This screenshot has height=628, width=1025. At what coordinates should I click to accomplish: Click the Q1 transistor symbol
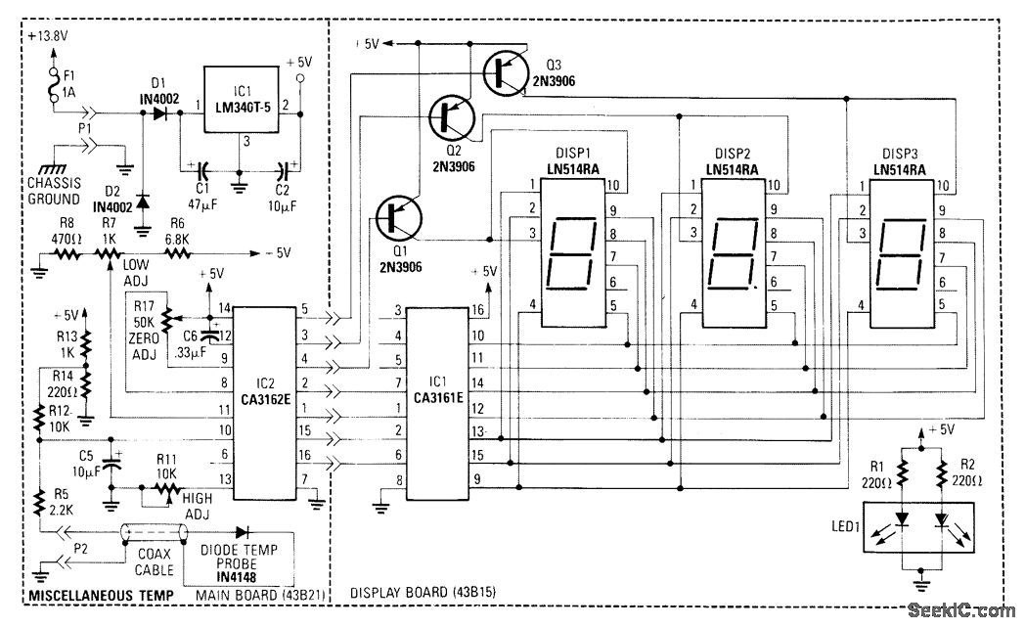click(399, 216)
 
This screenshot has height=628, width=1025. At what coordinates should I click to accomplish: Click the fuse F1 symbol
click(53, 82)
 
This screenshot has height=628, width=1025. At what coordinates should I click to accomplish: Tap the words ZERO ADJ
click(145, 337)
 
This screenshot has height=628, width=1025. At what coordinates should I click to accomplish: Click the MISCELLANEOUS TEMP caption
click(100, 595)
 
